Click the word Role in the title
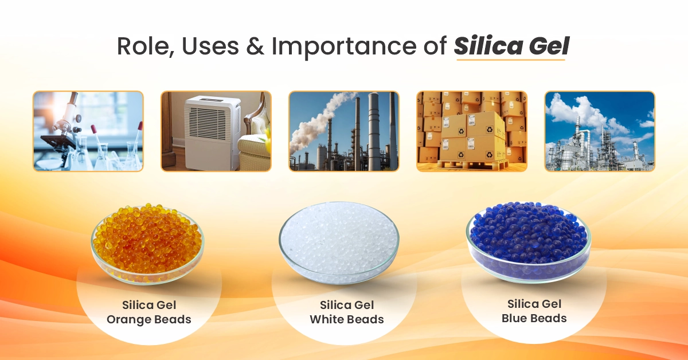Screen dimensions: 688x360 (x=144, y=46)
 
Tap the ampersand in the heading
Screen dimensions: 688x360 (x=255, y=46)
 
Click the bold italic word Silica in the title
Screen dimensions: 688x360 (x=488, y=46)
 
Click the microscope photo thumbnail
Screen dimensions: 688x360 (x=88, y=131)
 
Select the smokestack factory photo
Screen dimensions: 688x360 (x=344, y=131)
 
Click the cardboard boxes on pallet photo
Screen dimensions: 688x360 (x=472, y=131)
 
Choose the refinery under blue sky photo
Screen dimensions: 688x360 (x=600, y=131)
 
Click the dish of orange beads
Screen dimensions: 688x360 (x=147, y=242)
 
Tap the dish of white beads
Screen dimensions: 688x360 (x=339, y=242)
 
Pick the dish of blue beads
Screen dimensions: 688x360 (x=528, y=242)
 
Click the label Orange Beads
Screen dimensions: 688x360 (x=149, y=319)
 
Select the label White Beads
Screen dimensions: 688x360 (x=347, y=319)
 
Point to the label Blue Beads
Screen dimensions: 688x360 (x=534, y=318)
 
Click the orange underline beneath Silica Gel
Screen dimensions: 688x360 (x=511, y=60)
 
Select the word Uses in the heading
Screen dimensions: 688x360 (x=210, y=46)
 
